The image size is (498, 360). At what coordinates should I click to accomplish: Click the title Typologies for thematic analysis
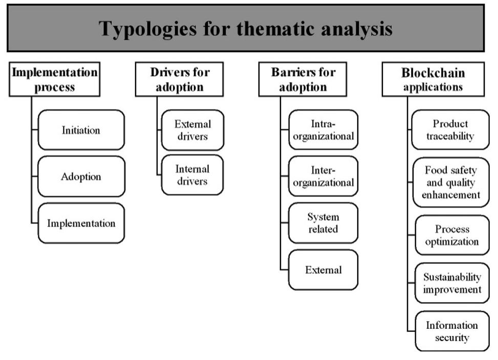click(246, 28)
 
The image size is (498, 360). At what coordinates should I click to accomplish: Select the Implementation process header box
click(55, 79)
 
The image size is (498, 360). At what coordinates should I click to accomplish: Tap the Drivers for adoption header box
click(180, 79)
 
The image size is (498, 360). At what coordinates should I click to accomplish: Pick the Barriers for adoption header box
click(302, 79)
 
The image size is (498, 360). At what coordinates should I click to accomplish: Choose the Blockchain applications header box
click(433, 79)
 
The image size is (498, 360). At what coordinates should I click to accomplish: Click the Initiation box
click(81, 130)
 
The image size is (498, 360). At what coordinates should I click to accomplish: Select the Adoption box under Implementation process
click(81, 176)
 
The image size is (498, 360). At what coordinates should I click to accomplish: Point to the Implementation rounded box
click(81, 223)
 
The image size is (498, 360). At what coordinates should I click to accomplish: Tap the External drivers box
click(192, 130)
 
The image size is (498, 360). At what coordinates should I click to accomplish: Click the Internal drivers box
click(192, 175)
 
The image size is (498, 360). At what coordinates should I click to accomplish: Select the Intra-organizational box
click(323, 130)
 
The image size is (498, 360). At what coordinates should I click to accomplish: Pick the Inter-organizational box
click(323, 176)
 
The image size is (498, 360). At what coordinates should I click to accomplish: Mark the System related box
click(323, 223)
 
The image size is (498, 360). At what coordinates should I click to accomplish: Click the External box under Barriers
click(323, 269)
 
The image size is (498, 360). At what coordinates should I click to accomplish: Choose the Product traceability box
click(450, 130)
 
